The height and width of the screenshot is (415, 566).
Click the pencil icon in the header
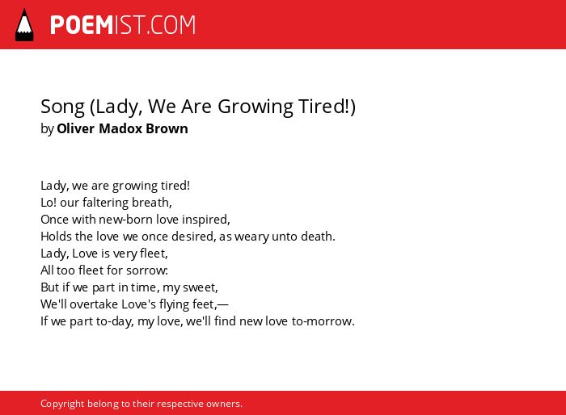pyautogui.click(x=24, y=25)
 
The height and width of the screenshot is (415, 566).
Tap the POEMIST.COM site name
pyautogui.click(x=123, y=25)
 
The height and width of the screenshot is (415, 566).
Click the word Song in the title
pyautogui.click(x=62, y=107)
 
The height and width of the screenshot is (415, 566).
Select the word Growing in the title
pyautogui.click(x=256, y=107)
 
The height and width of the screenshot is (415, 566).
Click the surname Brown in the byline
pyautogui.click(x=167, y=128)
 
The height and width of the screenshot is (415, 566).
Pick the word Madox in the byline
pyautogui.click(x=120, y=128)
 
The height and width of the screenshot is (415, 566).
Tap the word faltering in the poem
pyautogui.click(x=105, y=203)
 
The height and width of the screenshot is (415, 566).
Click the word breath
pyautogui.click(x=152, y=203)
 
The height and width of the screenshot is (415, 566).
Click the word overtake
pyautogui.click(x=94, y=304)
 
